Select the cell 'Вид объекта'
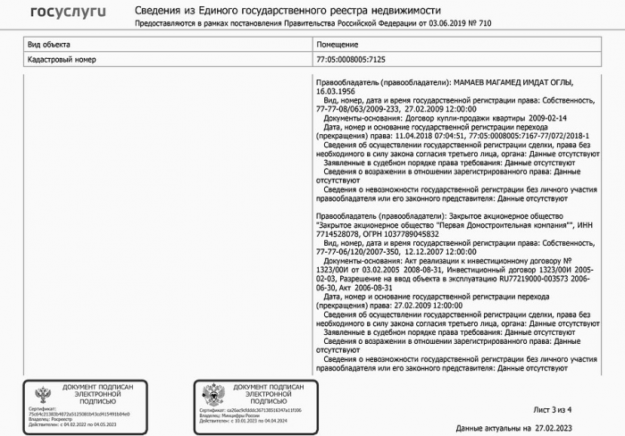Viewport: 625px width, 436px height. coord(50,44)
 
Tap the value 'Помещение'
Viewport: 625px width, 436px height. coord(337,44)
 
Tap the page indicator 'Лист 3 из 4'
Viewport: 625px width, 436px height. coord(552,408)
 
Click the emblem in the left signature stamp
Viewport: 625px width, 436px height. coord(42,394)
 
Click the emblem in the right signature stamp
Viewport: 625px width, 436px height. coord(212,394)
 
